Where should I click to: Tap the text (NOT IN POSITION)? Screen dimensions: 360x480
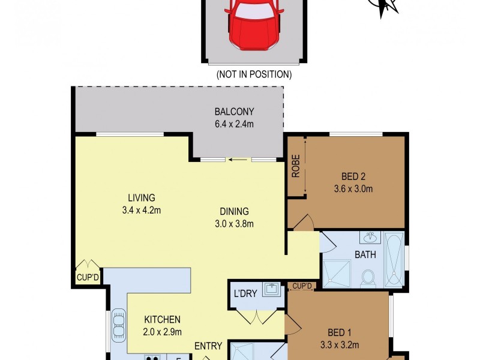click(253, 75)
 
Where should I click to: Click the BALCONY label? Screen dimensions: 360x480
click(235, 112)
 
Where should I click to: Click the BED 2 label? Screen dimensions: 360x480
click(353, 177)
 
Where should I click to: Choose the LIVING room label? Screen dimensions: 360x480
click(142, 198)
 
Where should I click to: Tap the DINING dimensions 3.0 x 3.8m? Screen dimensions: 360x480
click(234, 224)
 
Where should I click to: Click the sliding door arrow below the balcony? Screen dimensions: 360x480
click(238, 160)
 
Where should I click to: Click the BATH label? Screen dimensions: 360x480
click(365, 254)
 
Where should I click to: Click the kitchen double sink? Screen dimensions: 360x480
click(118, 324)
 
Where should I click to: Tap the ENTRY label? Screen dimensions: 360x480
click(208, 346)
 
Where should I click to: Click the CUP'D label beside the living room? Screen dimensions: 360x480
click(88, 278)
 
